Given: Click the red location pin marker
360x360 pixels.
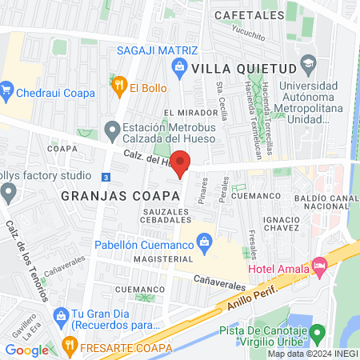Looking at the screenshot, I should pos(182,162).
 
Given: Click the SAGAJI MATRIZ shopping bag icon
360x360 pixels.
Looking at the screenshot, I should pos(180,66).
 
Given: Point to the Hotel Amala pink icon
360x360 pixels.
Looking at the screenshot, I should pos(321,263).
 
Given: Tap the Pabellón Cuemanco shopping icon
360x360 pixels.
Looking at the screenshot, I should pos(204,239).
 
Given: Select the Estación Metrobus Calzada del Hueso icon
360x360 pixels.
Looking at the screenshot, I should pos(113,129).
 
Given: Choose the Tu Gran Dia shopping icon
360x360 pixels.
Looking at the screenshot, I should pos(62,314).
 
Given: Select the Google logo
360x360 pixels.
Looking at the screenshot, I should pos(26,350).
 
